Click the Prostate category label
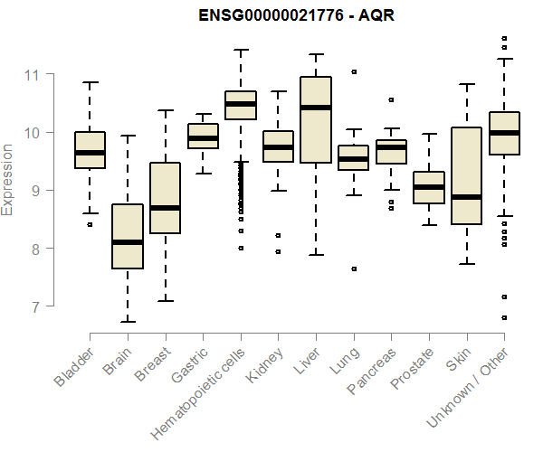[x=412, y=371]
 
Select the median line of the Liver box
[x=315, y=108]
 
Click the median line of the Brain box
[x=128, y=242]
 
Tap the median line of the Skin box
[x=466, y=196]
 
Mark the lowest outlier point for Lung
[x=354, y=268]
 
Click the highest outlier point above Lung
[x=354, y=71]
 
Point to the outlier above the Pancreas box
[x=391, y=99]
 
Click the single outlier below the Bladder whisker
[x=90, y=224]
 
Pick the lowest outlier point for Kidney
[x=278, y=251]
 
